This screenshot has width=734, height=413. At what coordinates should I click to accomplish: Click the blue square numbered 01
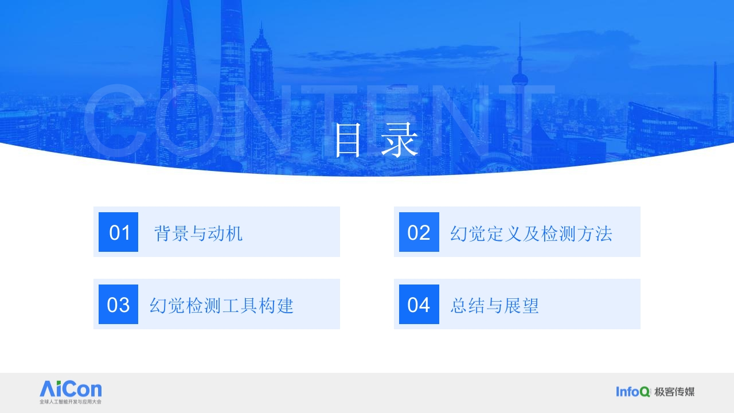[x=118, y=232]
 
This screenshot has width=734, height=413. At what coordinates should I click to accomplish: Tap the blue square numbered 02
[x=419, y=232]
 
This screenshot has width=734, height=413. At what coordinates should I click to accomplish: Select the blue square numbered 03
[x=118, y=304]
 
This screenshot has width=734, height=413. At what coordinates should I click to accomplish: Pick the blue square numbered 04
[x=419, y=304]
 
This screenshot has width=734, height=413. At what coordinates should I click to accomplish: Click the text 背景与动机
[x=198, y=233]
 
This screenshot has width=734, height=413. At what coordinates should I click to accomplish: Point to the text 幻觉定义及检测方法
[x=531, y=233]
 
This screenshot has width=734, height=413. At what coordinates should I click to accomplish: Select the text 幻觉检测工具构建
[x=221, y=306]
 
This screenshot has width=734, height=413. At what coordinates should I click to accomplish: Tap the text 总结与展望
[x=494, y=306]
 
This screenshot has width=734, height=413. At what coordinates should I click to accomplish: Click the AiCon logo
[x=71, y=392]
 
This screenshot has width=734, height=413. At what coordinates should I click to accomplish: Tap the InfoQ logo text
[x=633, y=391]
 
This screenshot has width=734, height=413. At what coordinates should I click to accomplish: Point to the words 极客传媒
[x=674, y=392]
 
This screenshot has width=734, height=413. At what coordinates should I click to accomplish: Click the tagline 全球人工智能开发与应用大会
[x=71, y=402]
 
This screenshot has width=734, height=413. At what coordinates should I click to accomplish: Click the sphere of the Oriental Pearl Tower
[x=520, y=80]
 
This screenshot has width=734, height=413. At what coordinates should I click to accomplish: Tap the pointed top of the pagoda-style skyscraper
[x=261, y=24]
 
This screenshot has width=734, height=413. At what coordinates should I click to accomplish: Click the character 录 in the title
[x=400, y=140]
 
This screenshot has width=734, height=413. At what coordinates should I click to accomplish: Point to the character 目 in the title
[x=348, y=141]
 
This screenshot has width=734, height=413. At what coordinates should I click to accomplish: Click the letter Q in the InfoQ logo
[x=645, y=392]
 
